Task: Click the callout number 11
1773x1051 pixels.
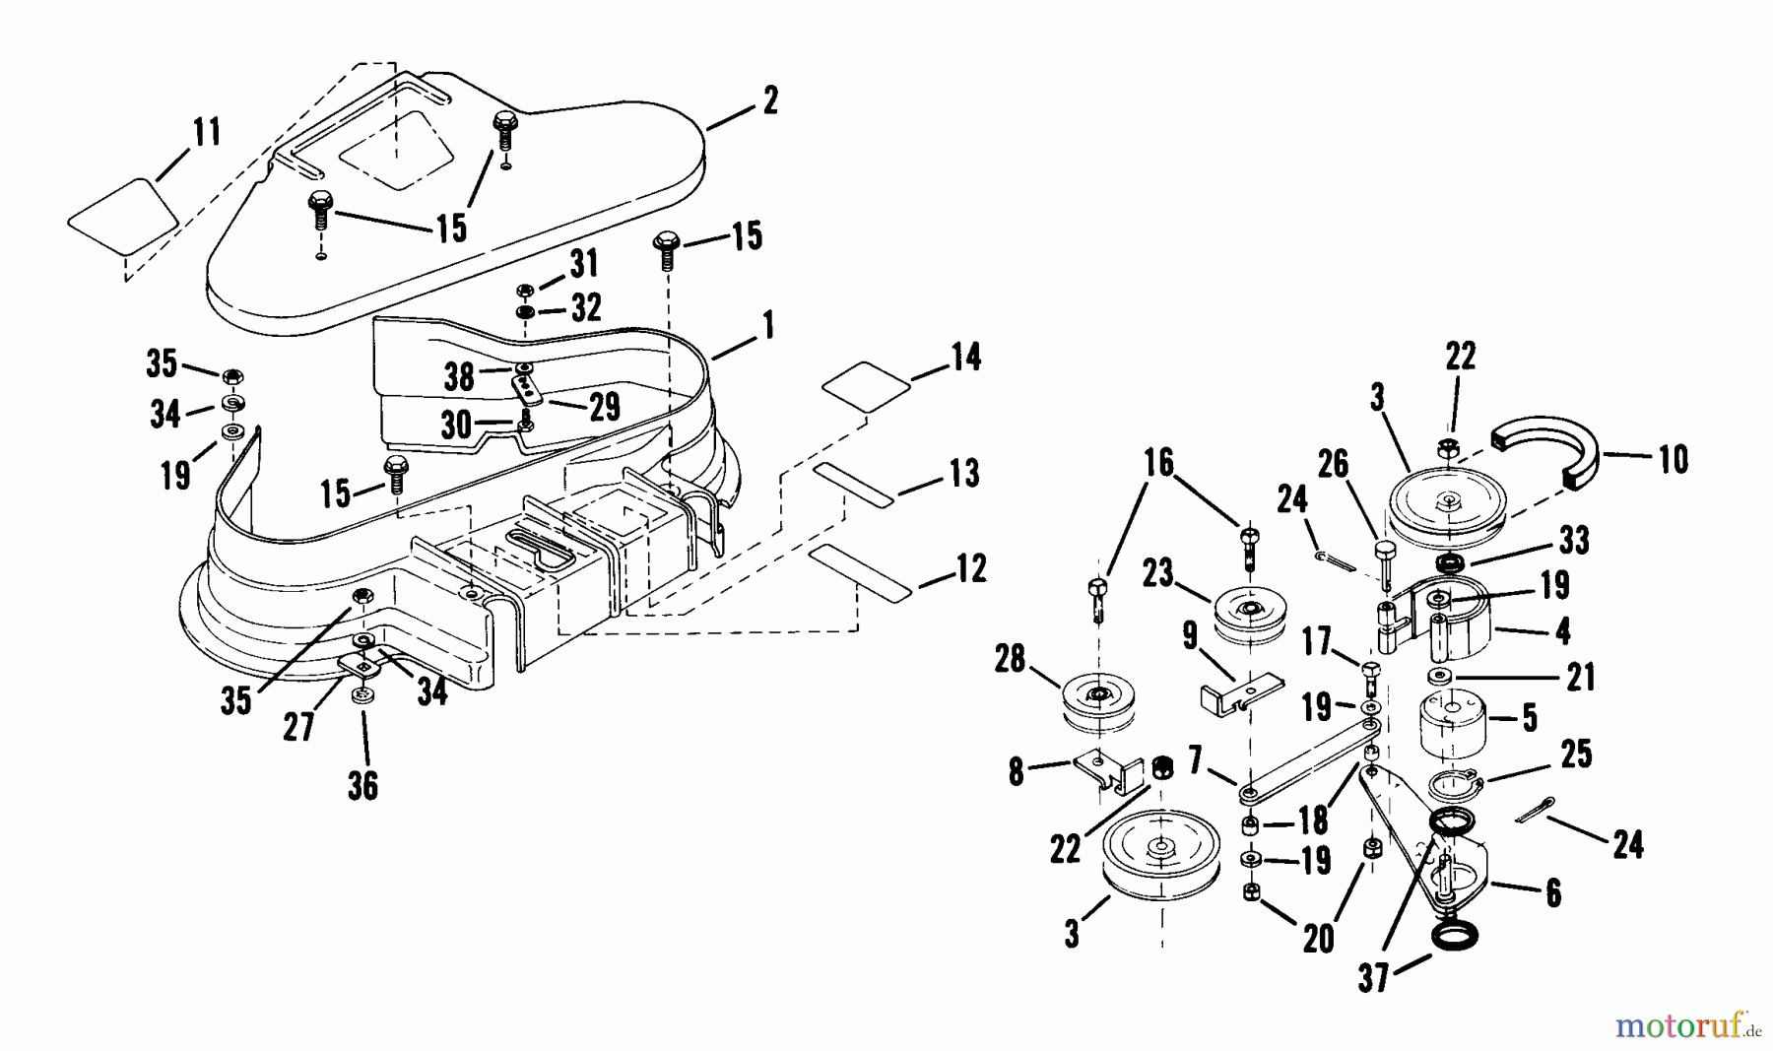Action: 206,132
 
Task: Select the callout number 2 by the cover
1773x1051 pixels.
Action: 769,99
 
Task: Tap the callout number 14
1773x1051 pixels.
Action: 965,357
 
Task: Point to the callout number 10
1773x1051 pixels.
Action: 1673,459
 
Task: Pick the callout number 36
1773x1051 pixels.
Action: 362,786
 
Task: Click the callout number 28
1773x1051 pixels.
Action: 1010,660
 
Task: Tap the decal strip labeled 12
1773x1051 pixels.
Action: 857,570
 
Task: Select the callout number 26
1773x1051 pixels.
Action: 1333,465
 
